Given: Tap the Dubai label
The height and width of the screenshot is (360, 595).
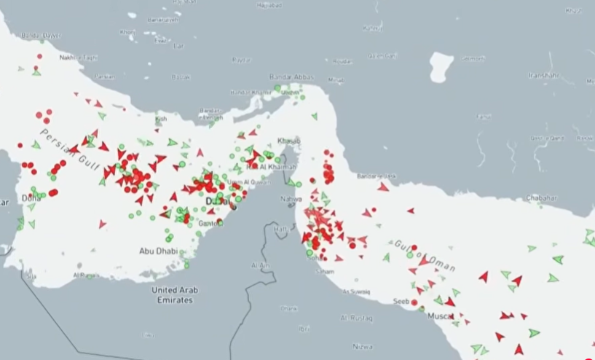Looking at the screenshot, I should (x=217, y=200).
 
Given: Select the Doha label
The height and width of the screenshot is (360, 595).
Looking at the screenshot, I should (x=31, y=197).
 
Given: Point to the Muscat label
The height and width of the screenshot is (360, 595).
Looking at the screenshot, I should (x=440, y=316).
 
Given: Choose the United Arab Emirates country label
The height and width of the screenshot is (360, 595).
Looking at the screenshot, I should (x=173, y=294).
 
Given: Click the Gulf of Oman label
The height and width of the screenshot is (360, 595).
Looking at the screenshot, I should (x=426, y=256).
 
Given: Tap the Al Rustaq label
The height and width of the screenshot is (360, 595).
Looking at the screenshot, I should (x=356, y=318).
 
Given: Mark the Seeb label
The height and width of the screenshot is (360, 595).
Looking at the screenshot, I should (x=401, y=302).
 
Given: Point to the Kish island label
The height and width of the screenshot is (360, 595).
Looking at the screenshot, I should (x=162, y=119).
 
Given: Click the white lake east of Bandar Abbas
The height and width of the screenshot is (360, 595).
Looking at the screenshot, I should (x=441, y=66).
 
